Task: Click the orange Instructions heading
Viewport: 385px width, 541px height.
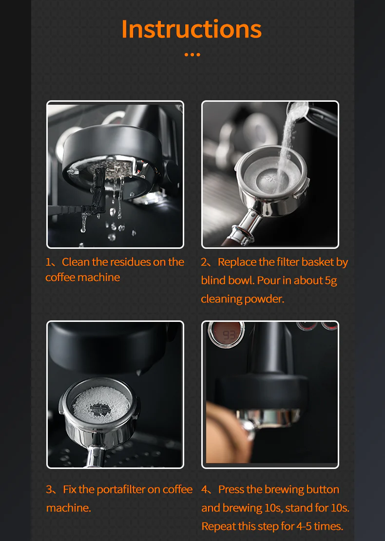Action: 192,29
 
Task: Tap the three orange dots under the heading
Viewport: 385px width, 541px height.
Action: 192,55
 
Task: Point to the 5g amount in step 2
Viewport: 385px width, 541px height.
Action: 331,280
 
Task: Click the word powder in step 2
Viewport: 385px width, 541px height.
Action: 269,299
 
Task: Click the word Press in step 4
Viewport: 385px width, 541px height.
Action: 231,489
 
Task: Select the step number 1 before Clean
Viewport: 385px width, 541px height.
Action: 48,262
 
